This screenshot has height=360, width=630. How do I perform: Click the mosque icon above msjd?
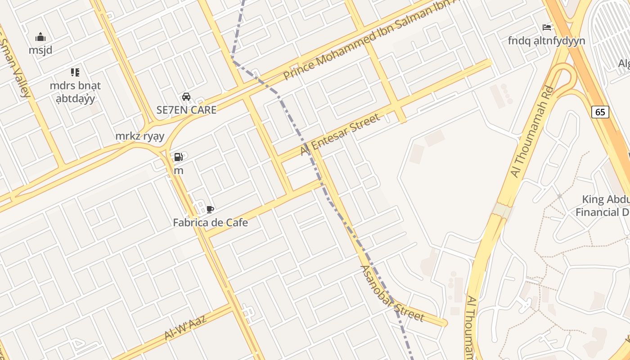click(40, 37)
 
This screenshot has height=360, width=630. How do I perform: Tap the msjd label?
click(40, 50)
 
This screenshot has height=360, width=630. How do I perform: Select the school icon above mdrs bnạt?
click(75, 72)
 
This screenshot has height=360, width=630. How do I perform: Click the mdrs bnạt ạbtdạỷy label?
click(75, 92)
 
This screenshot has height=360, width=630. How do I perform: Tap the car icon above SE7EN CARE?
click(186, 96)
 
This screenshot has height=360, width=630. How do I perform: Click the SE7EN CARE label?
click(186, 110)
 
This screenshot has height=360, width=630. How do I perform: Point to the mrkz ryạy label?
click(140, 136)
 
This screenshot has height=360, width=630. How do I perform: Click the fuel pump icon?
click(179, 157)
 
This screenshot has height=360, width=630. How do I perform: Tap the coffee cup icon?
click(210, 209)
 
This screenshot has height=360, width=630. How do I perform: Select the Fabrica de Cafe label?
click(210, 222)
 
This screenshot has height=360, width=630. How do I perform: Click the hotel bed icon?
click(547, 27)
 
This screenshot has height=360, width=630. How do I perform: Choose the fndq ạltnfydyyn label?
click(546, 41)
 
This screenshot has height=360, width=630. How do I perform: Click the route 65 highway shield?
click(600, 112)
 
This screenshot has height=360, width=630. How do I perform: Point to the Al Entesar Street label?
click(340, 135)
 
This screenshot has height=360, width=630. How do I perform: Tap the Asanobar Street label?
click(392, 293)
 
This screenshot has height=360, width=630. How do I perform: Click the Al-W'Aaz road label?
click(185, 327)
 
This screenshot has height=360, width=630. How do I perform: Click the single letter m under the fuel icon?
click(179, 171)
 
